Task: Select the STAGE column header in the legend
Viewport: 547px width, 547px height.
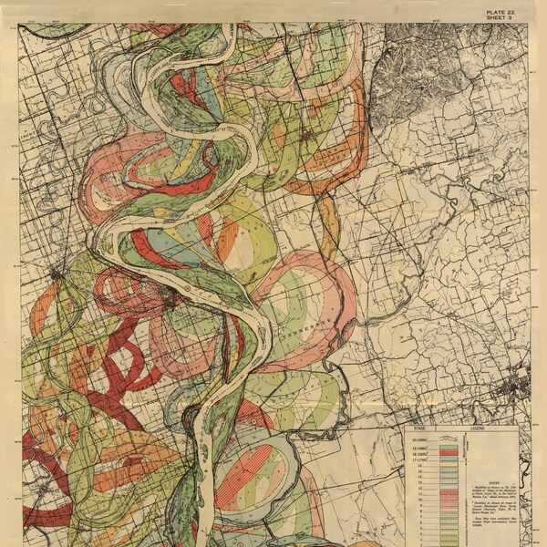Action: pos(419,428)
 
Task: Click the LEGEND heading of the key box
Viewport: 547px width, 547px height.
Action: pos(478,428)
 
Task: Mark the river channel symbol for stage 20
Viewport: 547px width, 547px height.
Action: pos(449,439)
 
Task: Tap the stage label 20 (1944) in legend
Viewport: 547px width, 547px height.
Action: pos(419,440)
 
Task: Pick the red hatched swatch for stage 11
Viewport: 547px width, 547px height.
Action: pos(449,492)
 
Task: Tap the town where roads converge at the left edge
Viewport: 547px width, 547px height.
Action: pos(57,272)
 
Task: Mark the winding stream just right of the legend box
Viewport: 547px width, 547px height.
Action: pos(531,474)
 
